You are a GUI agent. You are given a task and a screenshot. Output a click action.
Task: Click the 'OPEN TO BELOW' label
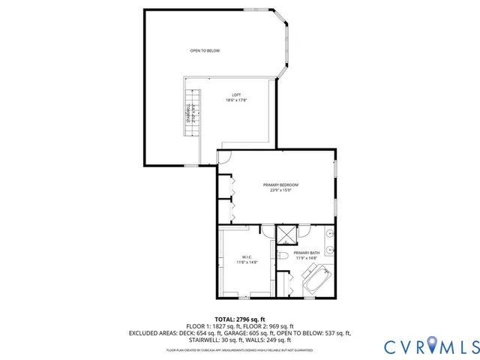pyautogui.click(x=205, y=50)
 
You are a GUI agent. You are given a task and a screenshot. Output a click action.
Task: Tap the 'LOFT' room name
pyautogui.click(x=236, y=94)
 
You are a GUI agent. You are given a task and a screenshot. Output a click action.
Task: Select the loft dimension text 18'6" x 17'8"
pyautogui.click(x=236, y=100)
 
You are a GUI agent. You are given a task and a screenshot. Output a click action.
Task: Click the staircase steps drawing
pyautogui.click(x=193, y=112)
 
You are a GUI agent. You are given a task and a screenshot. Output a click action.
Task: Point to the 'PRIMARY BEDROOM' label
pyautogui.click(x=280, y=184)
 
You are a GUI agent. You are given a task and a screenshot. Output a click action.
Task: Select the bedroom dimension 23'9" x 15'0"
pyautogui.click(x=280, y=190)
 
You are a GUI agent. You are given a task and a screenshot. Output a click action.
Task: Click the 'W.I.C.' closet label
pyautogui.click(x=247, y=256)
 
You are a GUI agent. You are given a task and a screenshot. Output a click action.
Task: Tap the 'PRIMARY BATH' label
pyautogui.click(x=307, y=253)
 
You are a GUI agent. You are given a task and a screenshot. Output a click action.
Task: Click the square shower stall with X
pyautogui.click(x=286, y=234)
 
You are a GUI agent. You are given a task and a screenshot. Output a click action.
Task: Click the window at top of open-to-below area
pyautogui.click(x=254, y=10)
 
